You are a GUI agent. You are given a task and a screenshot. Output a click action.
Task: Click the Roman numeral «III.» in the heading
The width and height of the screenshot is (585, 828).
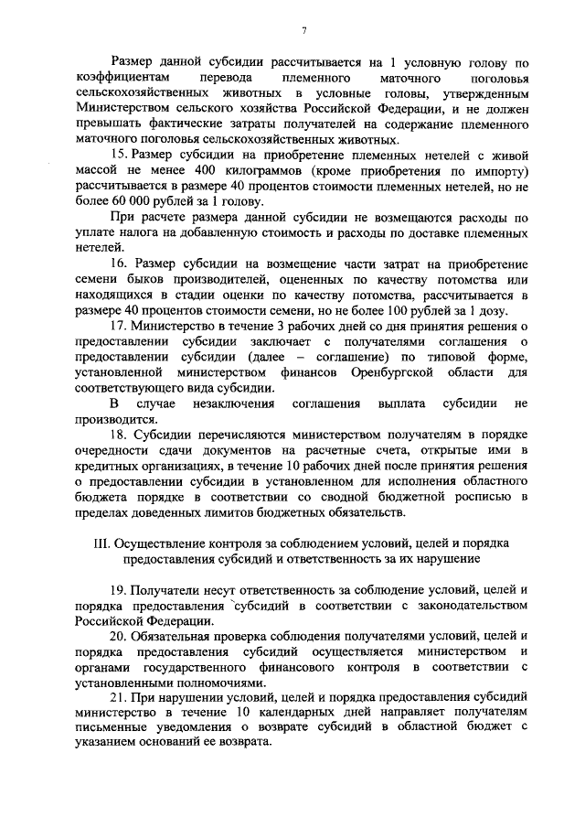point(103,543)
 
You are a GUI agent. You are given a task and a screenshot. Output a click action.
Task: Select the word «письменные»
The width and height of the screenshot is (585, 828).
point(115,727)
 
